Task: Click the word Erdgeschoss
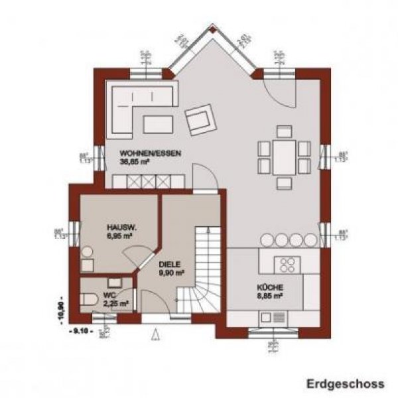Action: tap(345, 383)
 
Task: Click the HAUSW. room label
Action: tap(121, 226)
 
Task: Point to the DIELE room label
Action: tap(169, 263)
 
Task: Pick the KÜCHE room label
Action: tap(271, 287)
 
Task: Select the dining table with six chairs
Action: tap(284, 156)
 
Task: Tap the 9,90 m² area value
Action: tap(170, 272)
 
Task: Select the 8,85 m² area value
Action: tap(271, 296)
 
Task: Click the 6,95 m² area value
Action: tap(121, 235)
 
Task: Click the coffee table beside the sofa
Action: tap(158, 123)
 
